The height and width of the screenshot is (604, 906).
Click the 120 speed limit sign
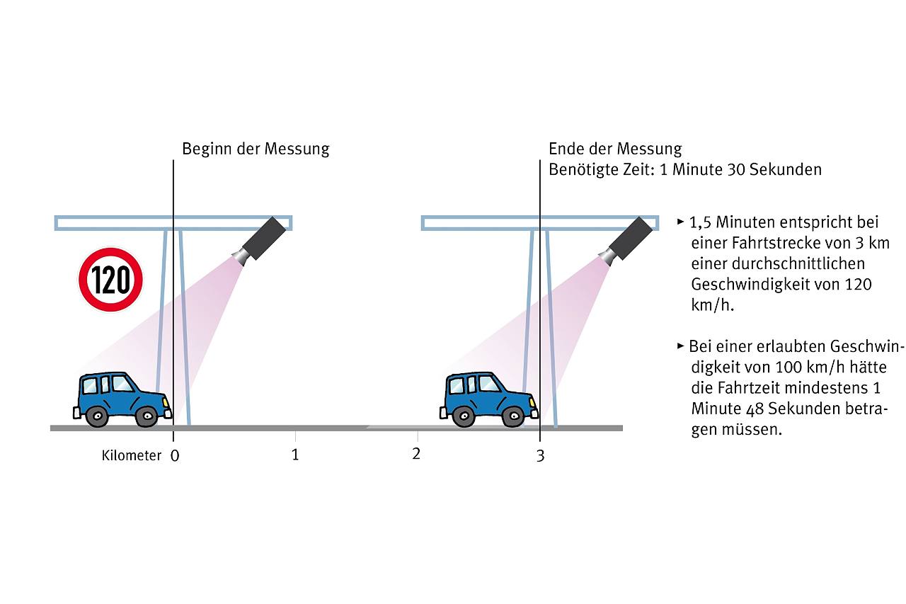point(110,280)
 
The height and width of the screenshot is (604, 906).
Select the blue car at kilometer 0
point(122,399)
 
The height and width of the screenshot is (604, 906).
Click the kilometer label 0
point(175,456)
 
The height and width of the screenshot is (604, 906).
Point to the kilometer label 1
point(295,455)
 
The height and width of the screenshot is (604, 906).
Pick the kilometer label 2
point(416,454)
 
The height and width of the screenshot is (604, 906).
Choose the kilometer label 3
point(541,456)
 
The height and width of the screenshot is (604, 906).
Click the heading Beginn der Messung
point(256,149)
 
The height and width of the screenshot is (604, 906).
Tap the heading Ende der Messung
point(615,149)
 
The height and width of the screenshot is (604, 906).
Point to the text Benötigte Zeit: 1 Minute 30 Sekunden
point(684,170)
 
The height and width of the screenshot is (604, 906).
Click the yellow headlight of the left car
point(166,401)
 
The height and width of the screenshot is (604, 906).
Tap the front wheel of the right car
point(512,416)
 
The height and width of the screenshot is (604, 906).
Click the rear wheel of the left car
point(96,416)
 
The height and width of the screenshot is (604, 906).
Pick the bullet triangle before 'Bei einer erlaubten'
point(681,346)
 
